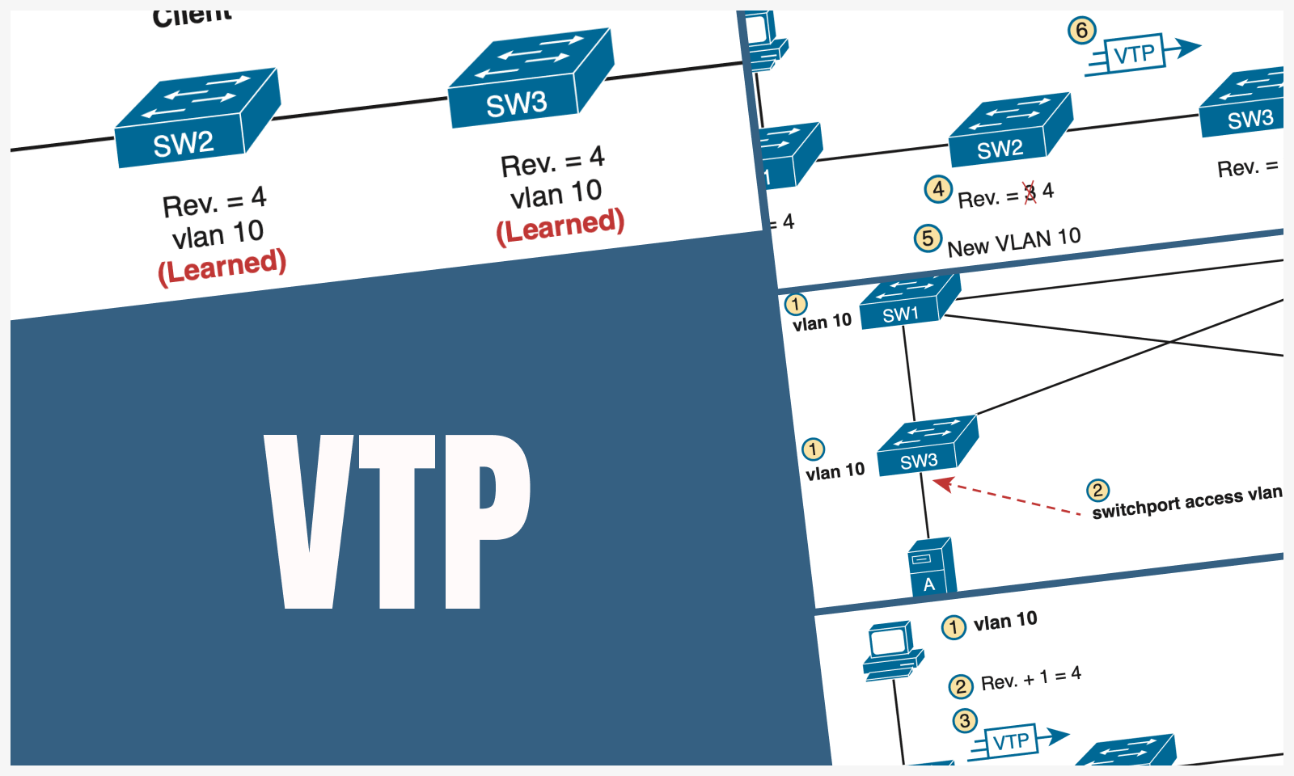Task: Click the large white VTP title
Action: click(x=396, y=521)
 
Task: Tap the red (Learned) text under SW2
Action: click(x=222, y=266)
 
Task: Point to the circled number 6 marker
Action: click(x=1081, y=31)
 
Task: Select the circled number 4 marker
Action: click(x=937, y=189)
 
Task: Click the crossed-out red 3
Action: click(x=1030, y=193)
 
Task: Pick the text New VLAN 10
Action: click(x=1013, y=242)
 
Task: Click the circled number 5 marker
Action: click(x=927, y=238)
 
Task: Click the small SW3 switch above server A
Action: click(x=927, y=446)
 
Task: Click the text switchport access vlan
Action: click(x=1186, y=502)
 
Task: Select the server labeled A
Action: click(x=931, y=567)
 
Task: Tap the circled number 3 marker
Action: click(x=964, y=720)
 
